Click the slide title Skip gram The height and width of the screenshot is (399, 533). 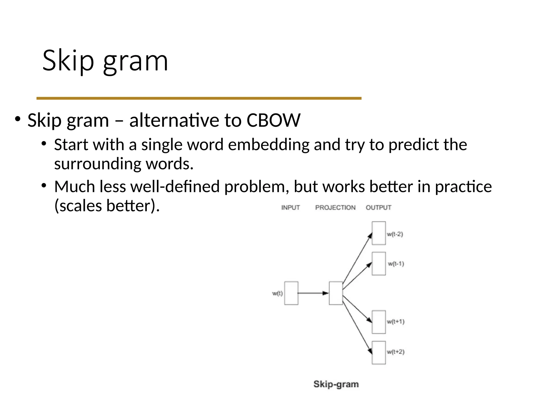[105, 61]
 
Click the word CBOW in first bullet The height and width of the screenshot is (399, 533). [273, 121]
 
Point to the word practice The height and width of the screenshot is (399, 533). [463, 187]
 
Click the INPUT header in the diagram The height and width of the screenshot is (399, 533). [290, 208]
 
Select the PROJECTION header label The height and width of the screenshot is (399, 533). [335, 208]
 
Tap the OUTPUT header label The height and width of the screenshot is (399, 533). [378, 208]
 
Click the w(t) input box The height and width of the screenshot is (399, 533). [291, 293]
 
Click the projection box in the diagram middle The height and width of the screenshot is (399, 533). [336, 293]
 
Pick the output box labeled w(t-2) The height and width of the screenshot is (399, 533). [379, 233]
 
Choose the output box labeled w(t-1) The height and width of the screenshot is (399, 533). [379, 263]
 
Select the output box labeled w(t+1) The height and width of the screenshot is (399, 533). [379, 322]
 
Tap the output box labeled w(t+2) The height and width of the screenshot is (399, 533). [379, 353]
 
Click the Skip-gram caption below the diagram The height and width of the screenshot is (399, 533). [336, 384]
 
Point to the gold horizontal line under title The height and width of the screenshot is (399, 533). [199, 98]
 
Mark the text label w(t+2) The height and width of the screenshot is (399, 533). [396, 352]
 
